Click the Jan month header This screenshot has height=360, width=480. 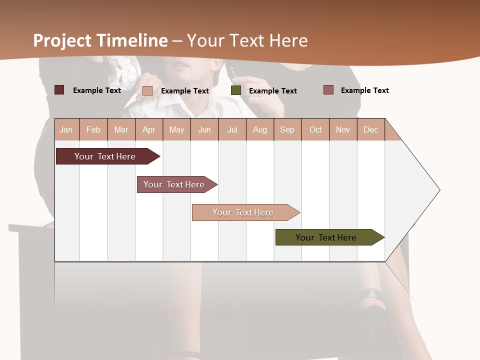[66, 129]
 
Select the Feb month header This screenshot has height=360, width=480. [93, 129]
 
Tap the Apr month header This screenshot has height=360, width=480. [148, 129]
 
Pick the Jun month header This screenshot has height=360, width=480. [204, 129]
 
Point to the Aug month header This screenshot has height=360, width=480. [259, 129]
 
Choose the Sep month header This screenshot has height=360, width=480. [287, 129]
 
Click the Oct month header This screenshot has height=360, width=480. [315, 129]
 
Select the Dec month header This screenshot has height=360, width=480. [370, 129]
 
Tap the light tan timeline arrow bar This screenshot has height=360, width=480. [244, 212]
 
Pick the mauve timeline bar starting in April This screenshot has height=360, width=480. [175, 184]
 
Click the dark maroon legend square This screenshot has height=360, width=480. [59, 90]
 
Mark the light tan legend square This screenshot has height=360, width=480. [147, 90]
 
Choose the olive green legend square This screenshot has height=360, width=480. [236, 90]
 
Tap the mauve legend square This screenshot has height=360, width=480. [328, 90]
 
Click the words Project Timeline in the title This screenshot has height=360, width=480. [100, 40]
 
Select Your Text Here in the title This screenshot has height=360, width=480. [247, 40]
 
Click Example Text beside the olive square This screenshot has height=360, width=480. [272, 91]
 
